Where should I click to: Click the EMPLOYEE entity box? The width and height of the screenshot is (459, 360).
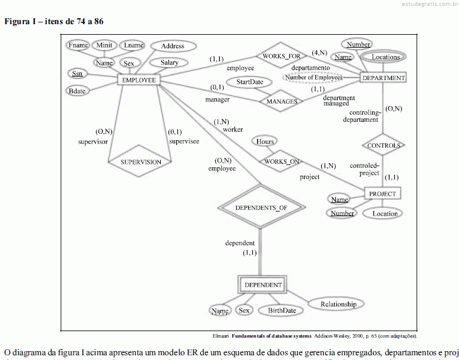pyautogui.click(x=138, y=80)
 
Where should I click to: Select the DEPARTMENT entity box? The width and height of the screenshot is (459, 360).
pyautogui.click(x=383, y=78)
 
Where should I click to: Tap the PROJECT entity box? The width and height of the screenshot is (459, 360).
pyautogui.click(x=382, y=193)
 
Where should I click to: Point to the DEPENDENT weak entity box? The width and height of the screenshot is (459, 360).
pyautogui.click(x=263, y=285)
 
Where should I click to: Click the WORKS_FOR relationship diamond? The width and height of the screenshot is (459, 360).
pyautogui.click(x=281, y=56)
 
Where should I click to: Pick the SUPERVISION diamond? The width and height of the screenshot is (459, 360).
pyautogui.click(x=141, y=162)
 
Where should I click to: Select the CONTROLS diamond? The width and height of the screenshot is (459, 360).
pyautogui.click(x=383, y=145)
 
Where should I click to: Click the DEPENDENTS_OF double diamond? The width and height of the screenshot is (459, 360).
pyautogui.click(x=261, y=207)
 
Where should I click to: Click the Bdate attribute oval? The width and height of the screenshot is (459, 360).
pyautogui.click(x=77, y=91)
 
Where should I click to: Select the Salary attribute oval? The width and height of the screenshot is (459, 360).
pyautogui.click(x=169, y=62)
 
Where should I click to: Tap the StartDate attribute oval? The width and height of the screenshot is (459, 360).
pyautogui.click(x=249, y=82)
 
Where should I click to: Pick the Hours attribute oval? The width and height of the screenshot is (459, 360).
pyautogui.click(x=265, y=141)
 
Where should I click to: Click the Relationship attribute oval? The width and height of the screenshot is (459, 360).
pyautogui.click(x=338, y=304)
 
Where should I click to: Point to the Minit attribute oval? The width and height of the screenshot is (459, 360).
pyautogui.click(x=104, y=45)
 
